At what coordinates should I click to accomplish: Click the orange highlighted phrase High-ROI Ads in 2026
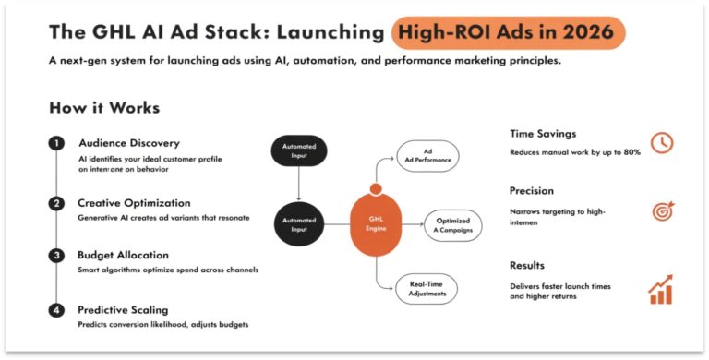tap(509, 32)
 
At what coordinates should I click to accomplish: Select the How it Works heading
tap(103, 108)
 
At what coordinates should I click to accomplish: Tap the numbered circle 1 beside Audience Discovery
tap(56, 144)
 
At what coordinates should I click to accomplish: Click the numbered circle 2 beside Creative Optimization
tap(56, 202)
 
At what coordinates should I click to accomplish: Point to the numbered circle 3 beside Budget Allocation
tap(56, 255)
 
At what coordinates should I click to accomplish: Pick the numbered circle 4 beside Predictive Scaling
tap(56, 310)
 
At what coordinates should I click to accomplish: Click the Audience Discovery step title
tap(128, 143)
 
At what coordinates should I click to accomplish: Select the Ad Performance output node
tap(427, 156)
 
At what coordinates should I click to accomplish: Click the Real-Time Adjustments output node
tap(427, 288)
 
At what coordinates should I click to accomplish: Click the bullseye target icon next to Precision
tap(661, 210)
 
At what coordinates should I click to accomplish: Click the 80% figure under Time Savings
tap(631, 151)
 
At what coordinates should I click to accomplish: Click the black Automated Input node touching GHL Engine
tap(299, 222)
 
